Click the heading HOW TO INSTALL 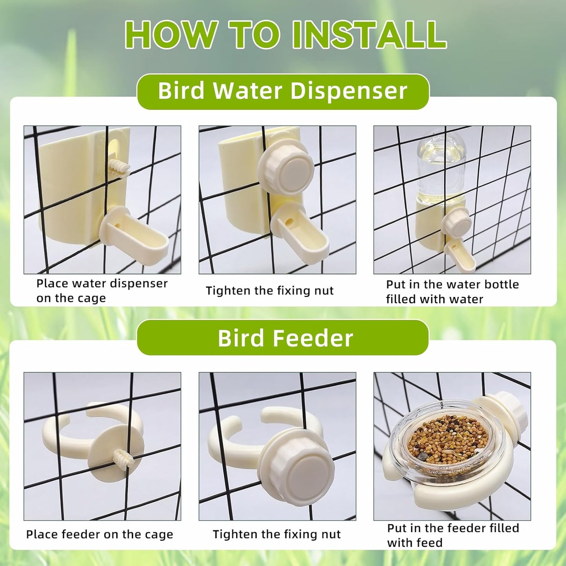(x=286, y=35)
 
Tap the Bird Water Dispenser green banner (x=283, y=91)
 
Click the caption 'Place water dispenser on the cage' (x=102, y=291)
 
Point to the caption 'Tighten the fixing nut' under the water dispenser (x=269, y=291)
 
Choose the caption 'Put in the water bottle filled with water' (x=452, y=291)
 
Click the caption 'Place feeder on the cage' (x=99, y=534)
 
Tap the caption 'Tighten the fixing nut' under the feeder (x=277, y=534)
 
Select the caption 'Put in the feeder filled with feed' (x=453, y=535)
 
